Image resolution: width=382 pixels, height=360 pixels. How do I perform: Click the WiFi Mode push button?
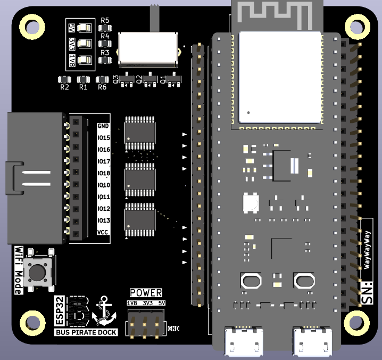coord(38,272)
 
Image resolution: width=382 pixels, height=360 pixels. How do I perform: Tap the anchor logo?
coord(103,310)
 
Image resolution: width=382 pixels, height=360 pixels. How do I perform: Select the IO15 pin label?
coord(103,138)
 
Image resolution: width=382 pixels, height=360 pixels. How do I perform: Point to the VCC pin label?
coord(103,232)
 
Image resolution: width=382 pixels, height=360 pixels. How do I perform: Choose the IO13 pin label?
coord(103,220)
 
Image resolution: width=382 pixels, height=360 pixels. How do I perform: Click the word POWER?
coord(146,292)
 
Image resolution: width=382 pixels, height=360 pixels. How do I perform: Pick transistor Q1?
coord(174,80)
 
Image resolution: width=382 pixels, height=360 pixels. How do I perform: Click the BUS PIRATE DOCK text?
coord(86,332)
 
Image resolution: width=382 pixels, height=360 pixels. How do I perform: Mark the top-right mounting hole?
coord(354,25)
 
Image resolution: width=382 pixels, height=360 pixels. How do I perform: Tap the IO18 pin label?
coord(103,173)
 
